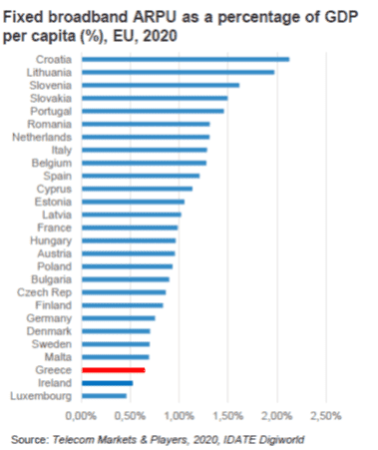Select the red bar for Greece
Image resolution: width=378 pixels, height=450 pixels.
[113, 369]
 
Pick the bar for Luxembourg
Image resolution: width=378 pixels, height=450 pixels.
[103, 395]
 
